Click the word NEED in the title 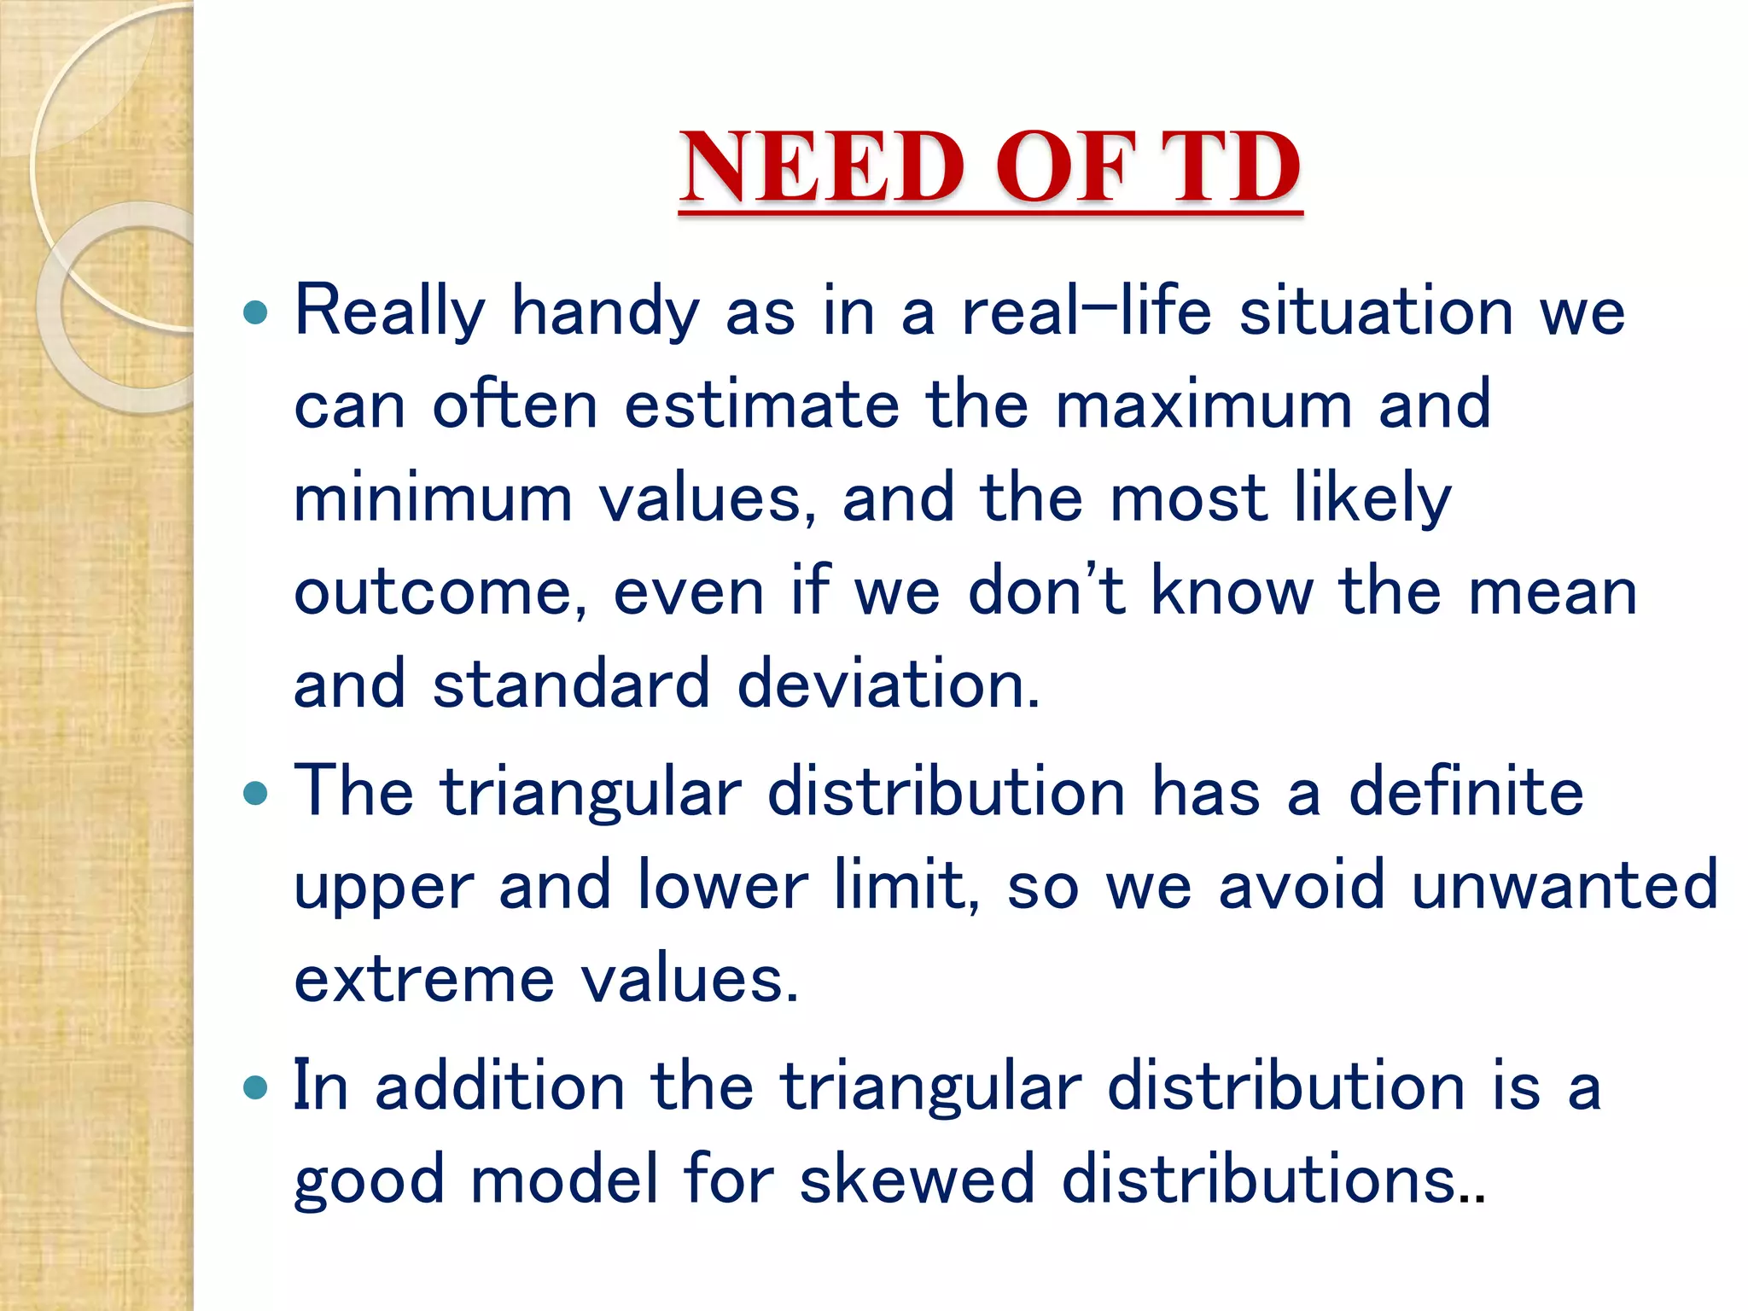point(823,167)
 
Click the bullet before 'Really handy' point(255,312)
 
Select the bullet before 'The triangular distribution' point(255,795)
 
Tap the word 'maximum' point(1203,405)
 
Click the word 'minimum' point(433,498)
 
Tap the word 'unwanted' point(1564,886)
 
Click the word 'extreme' point(424,980)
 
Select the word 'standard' point(570,685)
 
